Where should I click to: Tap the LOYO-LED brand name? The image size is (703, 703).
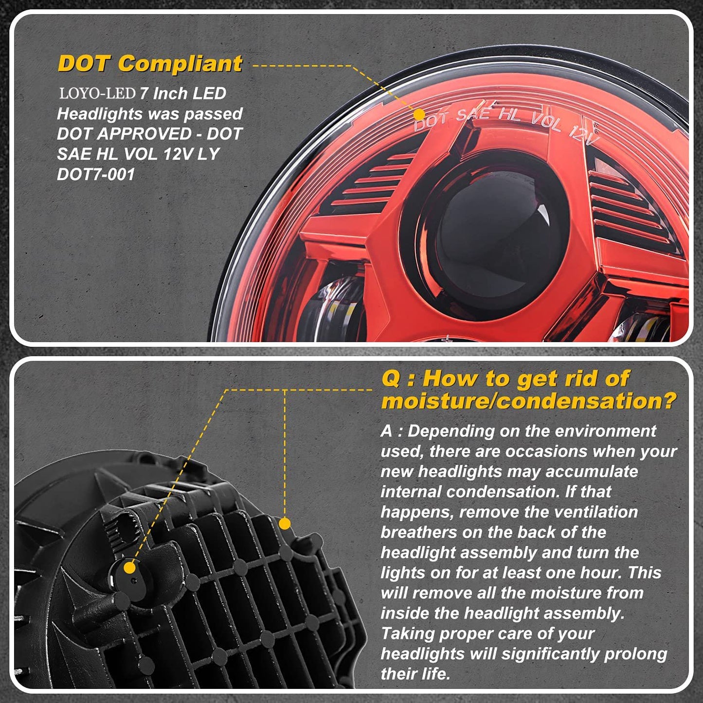pos(97,94)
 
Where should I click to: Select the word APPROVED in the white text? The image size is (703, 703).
pos(145,134)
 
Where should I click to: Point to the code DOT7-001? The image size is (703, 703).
pos(96,174)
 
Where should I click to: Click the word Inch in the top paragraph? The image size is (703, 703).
pos(170,94)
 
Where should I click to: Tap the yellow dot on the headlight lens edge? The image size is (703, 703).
pos(419,114)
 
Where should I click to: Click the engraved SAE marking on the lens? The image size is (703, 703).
pos(473,114)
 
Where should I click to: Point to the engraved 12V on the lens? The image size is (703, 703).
pos(584,135)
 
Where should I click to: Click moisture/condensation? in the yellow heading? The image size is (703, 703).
pos(529,401)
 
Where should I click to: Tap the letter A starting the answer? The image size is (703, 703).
pos(386,431)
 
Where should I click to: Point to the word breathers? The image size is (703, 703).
pos(419,532)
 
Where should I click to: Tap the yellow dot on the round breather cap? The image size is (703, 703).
pos(129,568)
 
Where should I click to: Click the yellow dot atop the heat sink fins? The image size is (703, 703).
pos(285,524)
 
